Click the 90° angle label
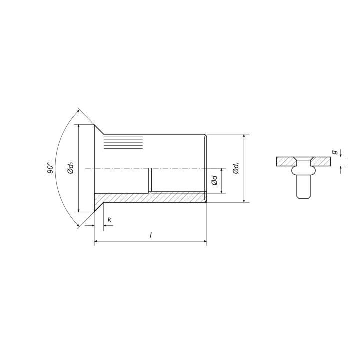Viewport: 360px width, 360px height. pos(51,168)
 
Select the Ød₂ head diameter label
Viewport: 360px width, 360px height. pos(71,168)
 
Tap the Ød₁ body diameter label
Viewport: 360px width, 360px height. pos(236,168)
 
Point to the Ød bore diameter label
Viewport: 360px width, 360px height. pos(214,180)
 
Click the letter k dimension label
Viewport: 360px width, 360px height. pos(109,220)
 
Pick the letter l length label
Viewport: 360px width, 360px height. pos(151,235)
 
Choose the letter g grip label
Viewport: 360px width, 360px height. pos(335,152)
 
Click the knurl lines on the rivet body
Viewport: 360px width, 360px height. pos(123,143)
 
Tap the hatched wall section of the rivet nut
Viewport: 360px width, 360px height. pos(150,197)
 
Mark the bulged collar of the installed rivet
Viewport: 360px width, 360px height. pos(304,171)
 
